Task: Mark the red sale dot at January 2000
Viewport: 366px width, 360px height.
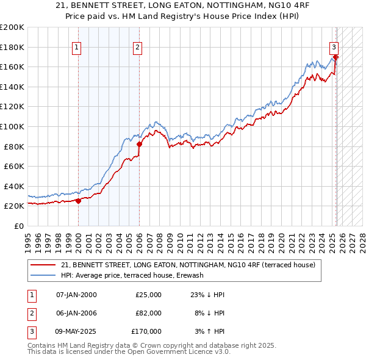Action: point(78,201)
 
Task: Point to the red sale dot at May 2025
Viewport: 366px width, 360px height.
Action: point(335,57)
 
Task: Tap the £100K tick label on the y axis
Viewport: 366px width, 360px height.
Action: point(12,126)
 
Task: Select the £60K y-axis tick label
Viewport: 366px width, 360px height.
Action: point(13,166)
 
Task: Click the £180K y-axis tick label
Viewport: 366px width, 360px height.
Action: point(12,47)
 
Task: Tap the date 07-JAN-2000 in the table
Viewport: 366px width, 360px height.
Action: point(76,295)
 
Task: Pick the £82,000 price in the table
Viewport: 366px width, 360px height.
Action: point(148,313)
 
